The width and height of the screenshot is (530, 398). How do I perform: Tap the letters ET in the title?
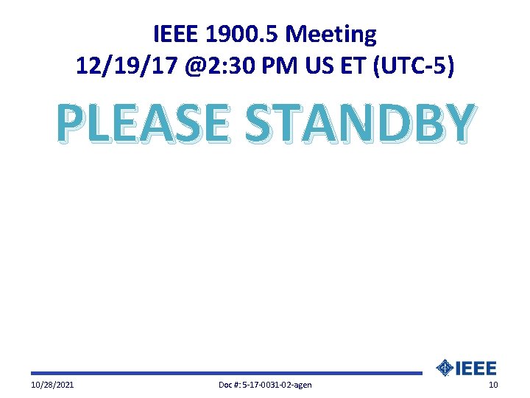[x=356, y=67]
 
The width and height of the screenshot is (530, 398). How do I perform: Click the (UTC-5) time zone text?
[x=415, y=67]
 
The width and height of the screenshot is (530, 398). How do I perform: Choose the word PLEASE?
[x=143, y=123]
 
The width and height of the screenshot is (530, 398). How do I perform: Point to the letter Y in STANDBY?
[x=456, y=123]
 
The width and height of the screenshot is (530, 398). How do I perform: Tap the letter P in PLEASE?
[x=73, y=123]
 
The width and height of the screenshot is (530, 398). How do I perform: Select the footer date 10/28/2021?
[x=52, y=385]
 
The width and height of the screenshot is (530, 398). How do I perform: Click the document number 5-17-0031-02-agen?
[x=275, y=385]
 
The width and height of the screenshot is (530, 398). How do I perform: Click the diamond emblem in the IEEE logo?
[x=445, y=368]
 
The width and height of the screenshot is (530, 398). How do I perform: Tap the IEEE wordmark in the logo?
[x=477, y=368]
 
